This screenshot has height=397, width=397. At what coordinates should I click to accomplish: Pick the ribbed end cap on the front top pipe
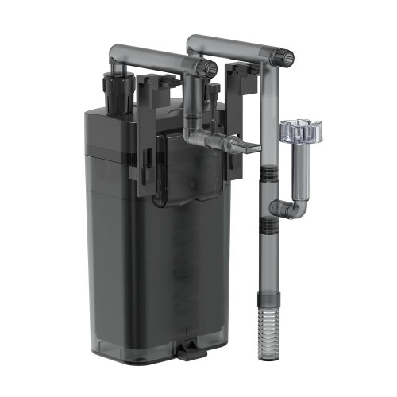(205, 68)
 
